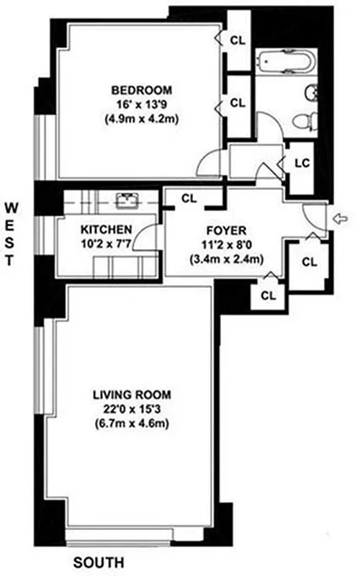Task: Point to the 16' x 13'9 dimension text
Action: click(x=141, y=105)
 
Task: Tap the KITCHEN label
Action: click(x=106, y=230)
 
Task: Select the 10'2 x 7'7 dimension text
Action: click(x=106, y=244)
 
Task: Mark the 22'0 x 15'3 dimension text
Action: click(x=131, y=409)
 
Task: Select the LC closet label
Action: click(x=302, y=162)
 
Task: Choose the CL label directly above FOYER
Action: click(x=189, y=197)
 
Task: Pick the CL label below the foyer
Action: click(x=269, y=294)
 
